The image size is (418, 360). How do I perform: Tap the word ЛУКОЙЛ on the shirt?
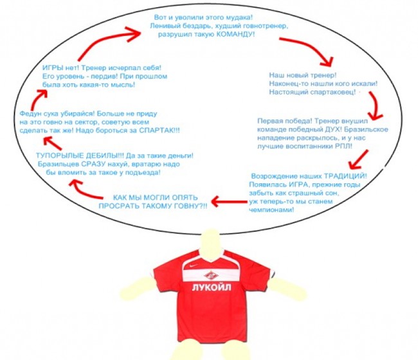212,287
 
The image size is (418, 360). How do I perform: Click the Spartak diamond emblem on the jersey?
212,275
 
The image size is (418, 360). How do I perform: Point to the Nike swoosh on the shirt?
194,265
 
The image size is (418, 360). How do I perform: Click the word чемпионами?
271,210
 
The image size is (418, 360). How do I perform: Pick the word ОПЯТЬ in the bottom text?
185,197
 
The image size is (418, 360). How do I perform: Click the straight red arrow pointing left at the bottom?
229,201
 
